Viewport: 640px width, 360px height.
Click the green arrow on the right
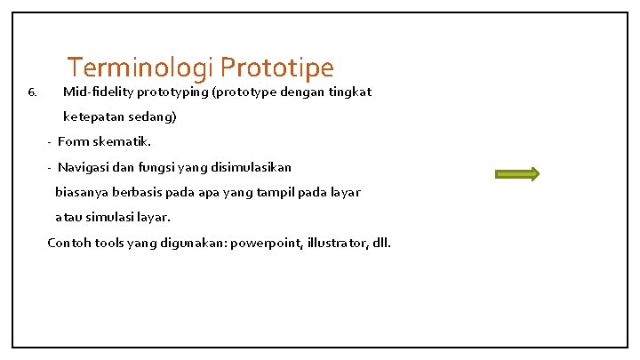click(518, 174)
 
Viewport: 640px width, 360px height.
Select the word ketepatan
click(94, 116)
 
